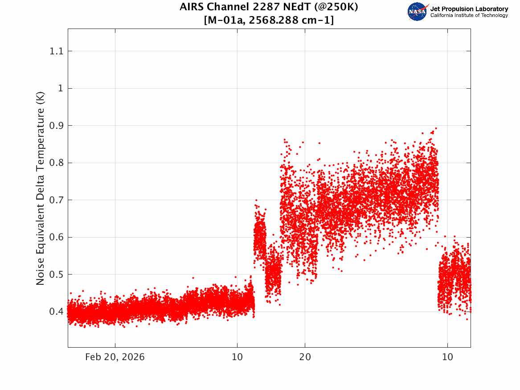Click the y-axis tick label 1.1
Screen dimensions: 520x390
(x=56, y=51)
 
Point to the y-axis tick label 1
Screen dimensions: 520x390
(x=60, y=88)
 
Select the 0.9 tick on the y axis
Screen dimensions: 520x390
(x=56, y=126)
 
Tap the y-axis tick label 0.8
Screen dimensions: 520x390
(x=56, y=163)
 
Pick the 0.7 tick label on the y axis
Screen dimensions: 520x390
(x=56, y=200)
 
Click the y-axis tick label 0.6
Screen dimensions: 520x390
(x=56, y=237)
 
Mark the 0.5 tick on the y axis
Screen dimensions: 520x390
(x=56, y=274)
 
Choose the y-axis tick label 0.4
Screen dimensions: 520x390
(x=56, y=312)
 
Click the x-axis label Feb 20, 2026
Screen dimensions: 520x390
(x=115, y=357)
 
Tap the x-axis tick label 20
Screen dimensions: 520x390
(x=305, y=357)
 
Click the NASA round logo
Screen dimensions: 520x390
(x=417, y=12)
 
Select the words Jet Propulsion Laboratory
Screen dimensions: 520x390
(x=469, y=9)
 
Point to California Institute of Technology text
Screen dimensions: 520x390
(x=469, y=15)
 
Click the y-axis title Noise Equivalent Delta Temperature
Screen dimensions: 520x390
(x=40, y=188)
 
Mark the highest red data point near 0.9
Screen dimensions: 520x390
(x=436, y=128)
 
